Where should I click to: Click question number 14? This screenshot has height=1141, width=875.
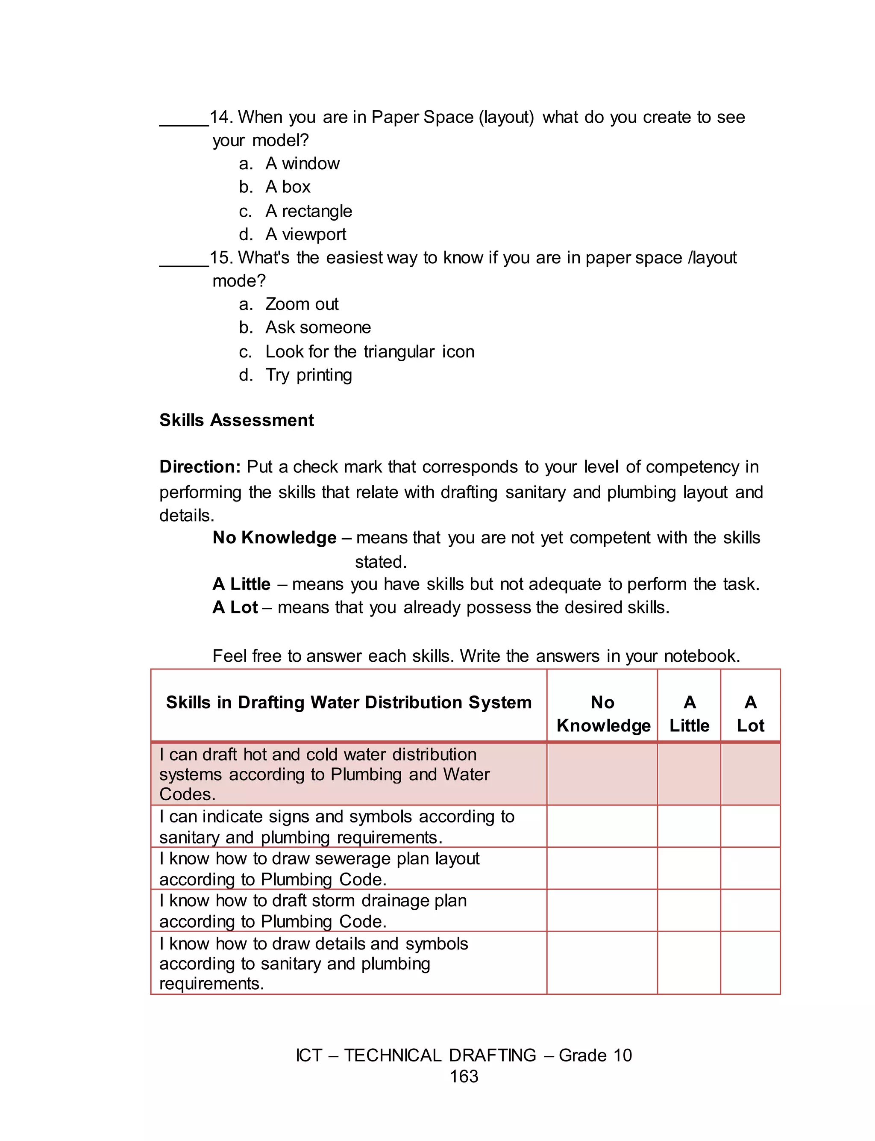point(221,117)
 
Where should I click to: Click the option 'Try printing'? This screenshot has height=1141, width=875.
point(308,375)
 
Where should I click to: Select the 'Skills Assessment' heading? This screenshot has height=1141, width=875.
point(236,420)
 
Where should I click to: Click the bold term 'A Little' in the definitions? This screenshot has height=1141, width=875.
point(241,584)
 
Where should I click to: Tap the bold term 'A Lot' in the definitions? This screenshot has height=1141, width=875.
point(235,607)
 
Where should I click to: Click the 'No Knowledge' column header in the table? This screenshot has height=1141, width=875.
point(603,714)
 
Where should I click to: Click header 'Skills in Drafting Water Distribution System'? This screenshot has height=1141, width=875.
point(349,702)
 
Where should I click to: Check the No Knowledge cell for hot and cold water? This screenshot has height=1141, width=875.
point(602,774)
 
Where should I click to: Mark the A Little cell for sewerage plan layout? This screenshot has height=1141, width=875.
point(689,869)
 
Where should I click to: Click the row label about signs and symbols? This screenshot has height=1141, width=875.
point(337,827)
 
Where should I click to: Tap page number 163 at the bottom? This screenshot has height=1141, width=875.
point(464,1076)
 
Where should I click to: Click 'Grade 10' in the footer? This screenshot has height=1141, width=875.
point(595,1055)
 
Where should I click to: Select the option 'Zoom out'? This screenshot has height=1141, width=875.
point(302,304)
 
